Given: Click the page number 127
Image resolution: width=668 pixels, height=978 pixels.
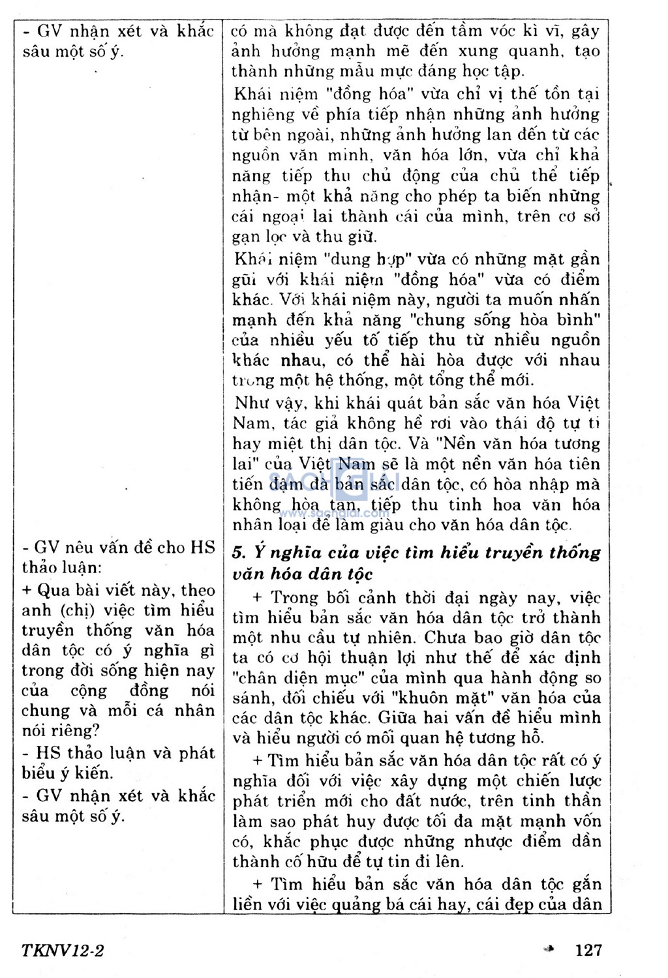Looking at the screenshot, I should pyautogui.click(x=588, y=949).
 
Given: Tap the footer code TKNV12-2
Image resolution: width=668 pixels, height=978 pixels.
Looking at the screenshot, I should pyautogui.click(x=63, y=951).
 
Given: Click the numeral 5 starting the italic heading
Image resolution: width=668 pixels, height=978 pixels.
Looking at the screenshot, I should pyautogui.click(x=238, y=553).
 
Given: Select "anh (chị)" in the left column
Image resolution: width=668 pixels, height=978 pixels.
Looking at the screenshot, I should pyautogui.click(x=58, y=610).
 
